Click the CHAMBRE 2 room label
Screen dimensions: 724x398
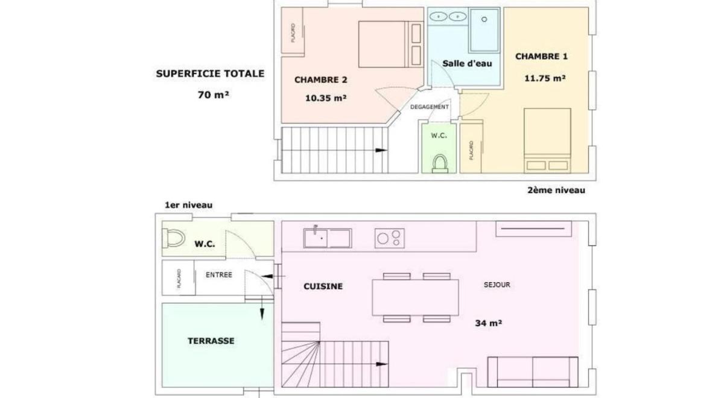(320, 80)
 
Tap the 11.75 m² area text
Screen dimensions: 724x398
(545, 78)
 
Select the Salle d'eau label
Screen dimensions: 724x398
(467, 64)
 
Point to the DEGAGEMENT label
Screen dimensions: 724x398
(430, 107)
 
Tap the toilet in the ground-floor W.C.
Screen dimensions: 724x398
(173, 238)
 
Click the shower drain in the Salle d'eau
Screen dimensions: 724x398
(484, 19)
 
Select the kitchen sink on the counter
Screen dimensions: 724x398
(328, 238)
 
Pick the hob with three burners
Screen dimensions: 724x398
(390, 238)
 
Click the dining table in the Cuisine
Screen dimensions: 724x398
(415, 297)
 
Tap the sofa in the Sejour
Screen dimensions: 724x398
(533, 372)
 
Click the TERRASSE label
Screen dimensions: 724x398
(211, 341)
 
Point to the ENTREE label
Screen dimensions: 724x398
(219, 275)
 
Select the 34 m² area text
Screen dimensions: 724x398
(488, 323)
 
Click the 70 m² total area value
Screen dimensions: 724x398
(214, 95)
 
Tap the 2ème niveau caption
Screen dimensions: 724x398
(556, 191)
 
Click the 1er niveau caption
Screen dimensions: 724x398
(188, 205)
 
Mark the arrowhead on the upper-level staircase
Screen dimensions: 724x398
(381, 150)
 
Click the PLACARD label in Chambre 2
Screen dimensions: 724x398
(293, 33)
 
